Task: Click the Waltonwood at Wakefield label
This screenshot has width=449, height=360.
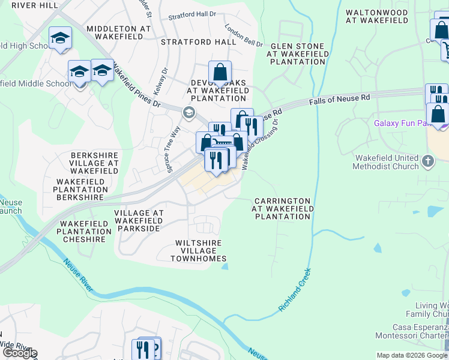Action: [378, 17]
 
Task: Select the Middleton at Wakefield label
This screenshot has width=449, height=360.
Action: [123, 32]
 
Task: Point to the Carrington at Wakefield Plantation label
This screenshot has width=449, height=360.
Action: [282, 209]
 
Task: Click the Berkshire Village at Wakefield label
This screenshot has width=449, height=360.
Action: [94, 163]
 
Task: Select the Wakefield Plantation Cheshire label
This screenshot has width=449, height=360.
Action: [84, 232]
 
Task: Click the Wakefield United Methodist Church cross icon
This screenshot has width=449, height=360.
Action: [427, 161]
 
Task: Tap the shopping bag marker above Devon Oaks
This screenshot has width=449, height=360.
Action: [220, 73]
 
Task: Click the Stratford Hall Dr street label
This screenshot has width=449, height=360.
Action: [191, 16]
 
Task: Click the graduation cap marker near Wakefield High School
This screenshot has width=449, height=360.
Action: [60, 38]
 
